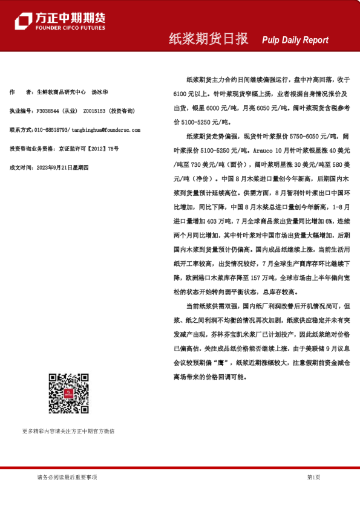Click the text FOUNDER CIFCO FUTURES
(x=70, y=28)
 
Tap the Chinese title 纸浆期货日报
(x=208, y=39)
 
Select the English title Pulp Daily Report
(x=295, y=40)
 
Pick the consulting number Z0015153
(x=94, y=111)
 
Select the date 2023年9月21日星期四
(x=63, y=167)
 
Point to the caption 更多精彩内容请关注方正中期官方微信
(x=68, y=431)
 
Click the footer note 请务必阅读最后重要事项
(x=67, y=477)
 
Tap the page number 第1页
(x=313, y=477)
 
